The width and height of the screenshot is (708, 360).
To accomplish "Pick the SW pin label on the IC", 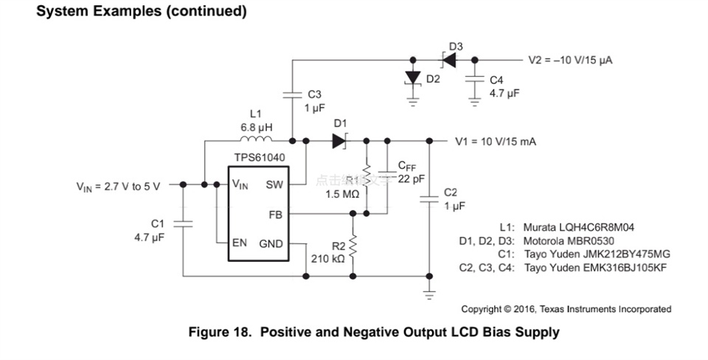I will point(274,184).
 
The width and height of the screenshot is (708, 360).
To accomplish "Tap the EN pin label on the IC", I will point(240,243).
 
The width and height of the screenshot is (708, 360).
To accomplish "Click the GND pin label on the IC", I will point(271,243).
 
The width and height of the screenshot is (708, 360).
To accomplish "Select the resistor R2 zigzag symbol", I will point(353,243).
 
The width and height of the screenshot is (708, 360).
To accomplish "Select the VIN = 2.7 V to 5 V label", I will point(118,186).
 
